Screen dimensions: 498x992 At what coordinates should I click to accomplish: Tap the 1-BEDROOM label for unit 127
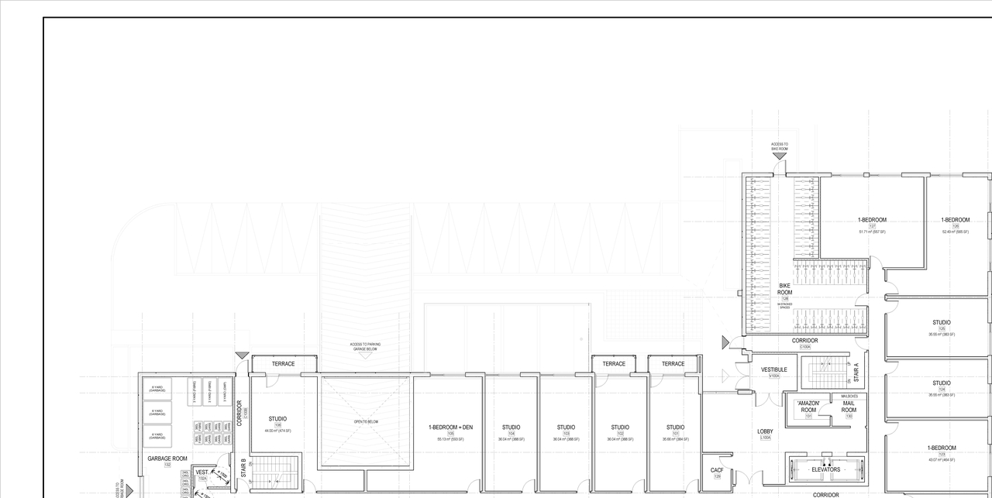pos(872,220)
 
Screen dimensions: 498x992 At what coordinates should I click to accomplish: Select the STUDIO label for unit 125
pos(942,322)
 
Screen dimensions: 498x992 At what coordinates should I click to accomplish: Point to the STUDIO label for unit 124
pos(942,383)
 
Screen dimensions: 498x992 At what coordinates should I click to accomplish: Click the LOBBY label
pos(766,431)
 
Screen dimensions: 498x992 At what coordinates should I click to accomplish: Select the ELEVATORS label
pos(825,469)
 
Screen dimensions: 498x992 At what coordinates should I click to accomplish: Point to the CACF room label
pos(717,470)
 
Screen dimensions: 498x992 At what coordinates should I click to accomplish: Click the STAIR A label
pos(856,375)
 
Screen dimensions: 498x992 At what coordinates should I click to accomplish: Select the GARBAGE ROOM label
pos(167,459)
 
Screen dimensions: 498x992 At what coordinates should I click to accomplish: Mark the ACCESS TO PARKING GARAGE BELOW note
pos(365,347)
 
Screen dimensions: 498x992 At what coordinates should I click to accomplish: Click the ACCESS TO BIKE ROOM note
pos(779,146)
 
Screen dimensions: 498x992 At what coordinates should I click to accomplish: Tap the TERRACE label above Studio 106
pos(283,363)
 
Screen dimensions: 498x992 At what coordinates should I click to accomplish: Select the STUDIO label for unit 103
pos(566,428)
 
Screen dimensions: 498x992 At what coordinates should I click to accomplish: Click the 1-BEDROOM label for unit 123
pos(942,448)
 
